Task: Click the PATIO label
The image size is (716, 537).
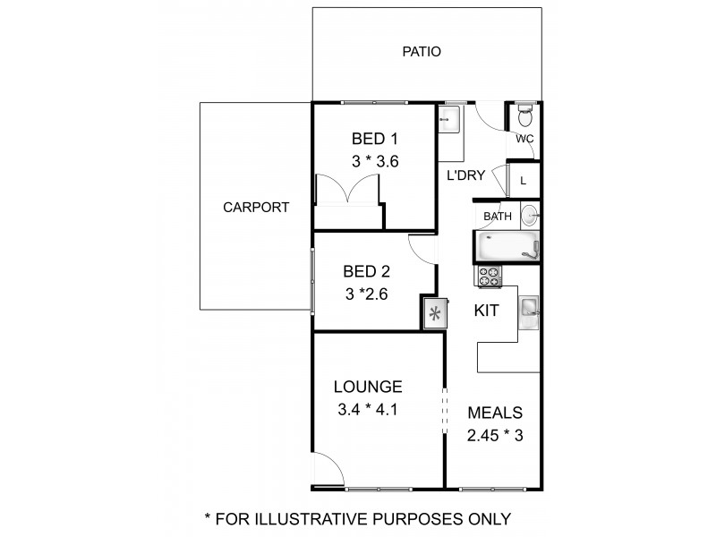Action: (421, 52)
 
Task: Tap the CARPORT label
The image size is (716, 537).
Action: (256, 207)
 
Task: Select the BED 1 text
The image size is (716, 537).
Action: (373, 139)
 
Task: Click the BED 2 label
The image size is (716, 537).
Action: (366, 271)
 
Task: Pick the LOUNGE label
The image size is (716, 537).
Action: (368, 388)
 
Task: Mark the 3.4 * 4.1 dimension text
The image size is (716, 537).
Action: (368, 412)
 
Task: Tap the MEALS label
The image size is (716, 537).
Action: (495, 413)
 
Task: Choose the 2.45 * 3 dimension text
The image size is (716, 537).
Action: (495, 437)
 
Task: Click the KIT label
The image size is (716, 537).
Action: (486, 311)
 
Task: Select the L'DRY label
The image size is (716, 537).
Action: (465, 175)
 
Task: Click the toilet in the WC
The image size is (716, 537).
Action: (525, 116)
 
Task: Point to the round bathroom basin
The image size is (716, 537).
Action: (530, 215)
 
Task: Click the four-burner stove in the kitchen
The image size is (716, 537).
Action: (490, 277)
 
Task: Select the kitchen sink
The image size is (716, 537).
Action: (529, 308)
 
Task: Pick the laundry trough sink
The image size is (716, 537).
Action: (449, 121)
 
